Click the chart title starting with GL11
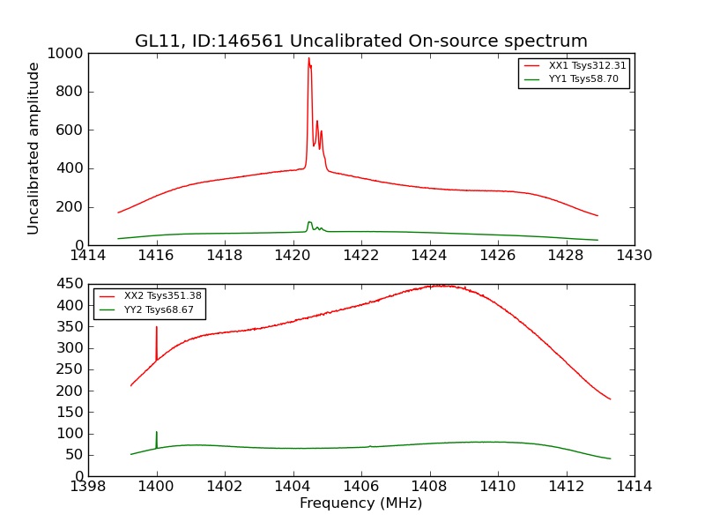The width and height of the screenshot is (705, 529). [x=360, y=41]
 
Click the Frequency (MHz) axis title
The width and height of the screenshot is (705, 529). [x=360, y=503]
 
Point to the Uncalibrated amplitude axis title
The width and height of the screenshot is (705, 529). [x=34, y=148]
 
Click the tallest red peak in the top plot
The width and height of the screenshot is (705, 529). [x=308, y=60]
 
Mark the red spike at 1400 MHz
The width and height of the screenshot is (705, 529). [x=157, y=329]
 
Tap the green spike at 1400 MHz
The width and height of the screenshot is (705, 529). [x=157, y=433]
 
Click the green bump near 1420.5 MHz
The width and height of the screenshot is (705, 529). [x=309, y=223]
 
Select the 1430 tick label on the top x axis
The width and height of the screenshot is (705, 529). [x=634, y=256]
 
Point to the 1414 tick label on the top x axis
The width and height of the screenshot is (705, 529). [x=88, y=256]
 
